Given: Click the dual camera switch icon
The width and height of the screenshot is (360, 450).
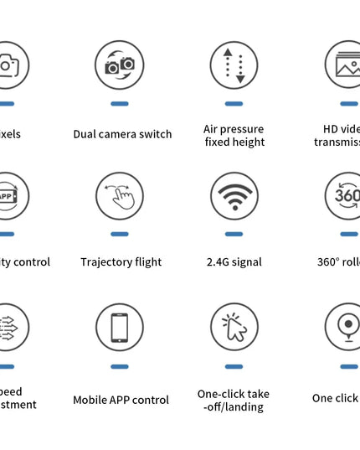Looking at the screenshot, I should pyautogui.click(x=120, y=64).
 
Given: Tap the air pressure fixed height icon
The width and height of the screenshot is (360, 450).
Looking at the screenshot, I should pyautogui.click(x=234, y=65).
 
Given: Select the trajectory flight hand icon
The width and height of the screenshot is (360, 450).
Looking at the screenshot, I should pyautogui.click(x=120, y=196).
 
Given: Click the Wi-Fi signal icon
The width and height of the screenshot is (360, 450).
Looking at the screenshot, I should pyautogui.click(x=234, y=196).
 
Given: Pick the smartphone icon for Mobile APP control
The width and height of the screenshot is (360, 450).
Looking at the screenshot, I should pyautogui.click(x=120, y=327).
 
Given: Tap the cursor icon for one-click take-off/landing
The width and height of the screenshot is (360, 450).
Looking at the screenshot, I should pyautogui.click(x=234, y=327).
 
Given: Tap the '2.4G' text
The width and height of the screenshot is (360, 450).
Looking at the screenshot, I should pyautogui.click(x=219, y=262).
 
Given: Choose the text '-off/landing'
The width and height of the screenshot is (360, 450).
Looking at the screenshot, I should pyautogui.click(x=234, y=407).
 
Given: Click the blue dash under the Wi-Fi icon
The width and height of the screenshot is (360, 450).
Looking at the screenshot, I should pyautogui.click(x=234, y=235).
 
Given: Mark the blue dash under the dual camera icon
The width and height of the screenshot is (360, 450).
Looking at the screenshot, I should pyautogui.click(x=120, y=103).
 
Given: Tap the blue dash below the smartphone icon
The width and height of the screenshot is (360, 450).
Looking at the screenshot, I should pyautogui.click(x=120, y=366).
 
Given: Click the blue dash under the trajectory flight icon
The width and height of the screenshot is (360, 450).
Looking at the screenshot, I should pyautogui.click(x=120, y=235).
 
